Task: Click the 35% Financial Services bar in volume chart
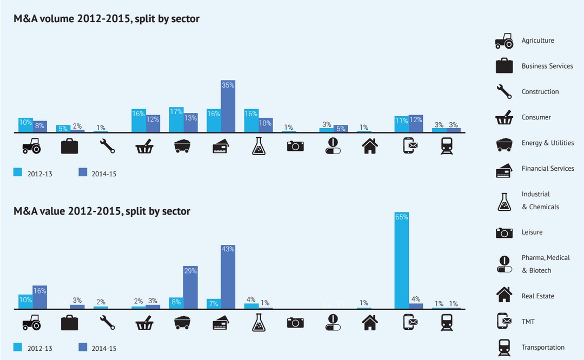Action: (x=228, y=106)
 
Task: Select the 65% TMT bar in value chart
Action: (x=402, y=261)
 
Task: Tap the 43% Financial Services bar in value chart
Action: (x=228, y=277)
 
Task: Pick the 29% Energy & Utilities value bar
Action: (x=190, y=287)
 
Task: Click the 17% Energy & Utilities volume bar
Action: (x=176, y=119)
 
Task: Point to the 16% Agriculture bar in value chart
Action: (x=39, y=297)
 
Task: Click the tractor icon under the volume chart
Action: (x=31, y=145)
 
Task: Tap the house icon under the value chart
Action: (x=369, y=322)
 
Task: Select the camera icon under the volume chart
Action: (x=295, y=145)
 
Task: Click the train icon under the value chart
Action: (x=446, y=322)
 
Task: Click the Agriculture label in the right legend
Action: (x=537, y=41)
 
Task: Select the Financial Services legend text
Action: (x=548, y=169)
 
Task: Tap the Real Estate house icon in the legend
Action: (x=504, y=295)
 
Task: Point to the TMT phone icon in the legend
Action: (x=504, y=321)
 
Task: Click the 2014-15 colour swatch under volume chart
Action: (x=83, y=172)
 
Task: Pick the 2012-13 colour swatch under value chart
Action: (x=18, y=347)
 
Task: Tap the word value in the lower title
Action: (x=50, y=211)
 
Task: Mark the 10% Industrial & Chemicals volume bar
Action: (x=266, y=125)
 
